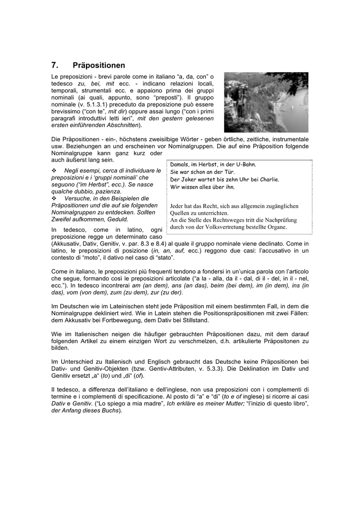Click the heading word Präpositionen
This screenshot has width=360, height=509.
(x=99, y=65)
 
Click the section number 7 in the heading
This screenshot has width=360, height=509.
(x=54, y=65)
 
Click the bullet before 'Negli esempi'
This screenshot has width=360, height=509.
(x=54, y=170)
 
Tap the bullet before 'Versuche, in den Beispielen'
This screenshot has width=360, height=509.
(x=54, y=198)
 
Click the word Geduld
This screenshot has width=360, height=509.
(x=119, y=219)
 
